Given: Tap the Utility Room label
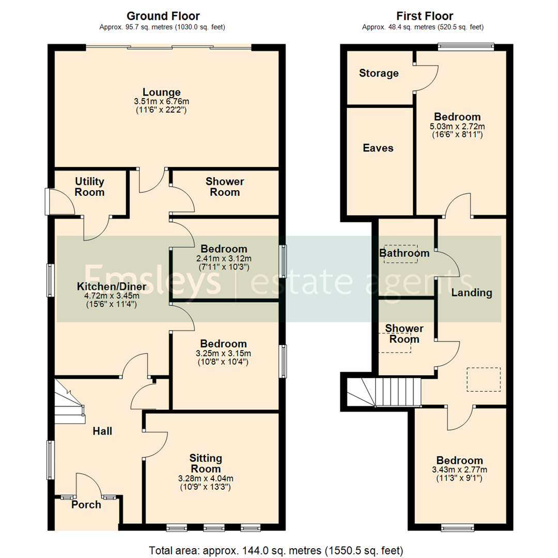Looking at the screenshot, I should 89,187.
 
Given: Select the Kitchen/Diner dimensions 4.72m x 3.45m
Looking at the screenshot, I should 112,296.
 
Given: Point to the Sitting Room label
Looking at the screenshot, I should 206,463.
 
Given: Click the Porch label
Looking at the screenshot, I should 86,505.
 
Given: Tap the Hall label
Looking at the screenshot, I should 102,431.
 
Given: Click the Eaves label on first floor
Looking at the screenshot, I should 378,148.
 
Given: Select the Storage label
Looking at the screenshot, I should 379,73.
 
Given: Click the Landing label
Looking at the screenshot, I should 471,293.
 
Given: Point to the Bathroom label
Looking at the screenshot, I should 404,253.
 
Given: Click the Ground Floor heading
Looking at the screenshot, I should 163,16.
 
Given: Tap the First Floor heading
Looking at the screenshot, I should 425,16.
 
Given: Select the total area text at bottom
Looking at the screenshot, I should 276,549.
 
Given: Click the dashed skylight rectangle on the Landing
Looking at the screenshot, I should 484,379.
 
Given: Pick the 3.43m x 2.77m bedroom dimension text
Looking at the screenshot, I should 459,470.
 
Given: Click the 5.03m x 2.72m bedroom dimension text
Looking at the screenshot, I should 457,126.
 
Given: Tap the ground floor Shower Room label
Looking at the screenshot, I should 225,187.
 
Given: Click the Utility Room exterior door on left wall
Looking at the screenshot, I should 48,202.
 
